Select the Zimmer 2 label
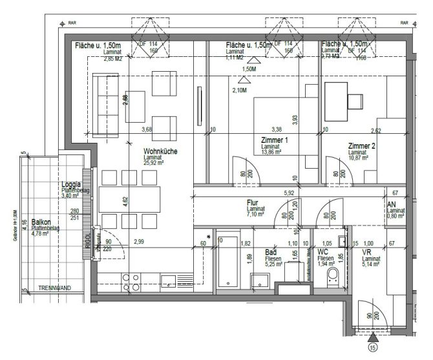pos(361,145)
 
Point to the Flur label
pos(253,202)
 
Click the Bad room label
pos(271,253)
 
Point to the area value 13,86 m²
pos(274,153)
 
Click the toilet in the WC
pos(333,277)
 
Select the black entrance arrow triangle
pos(373,336)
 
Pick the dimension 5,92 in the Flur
pos(289,193)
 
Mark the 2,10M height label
pos(238,90)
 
